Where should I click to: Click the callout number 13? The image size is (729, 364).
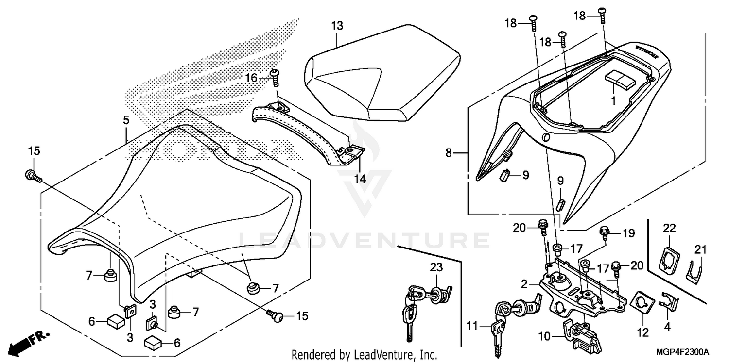click(337, 26)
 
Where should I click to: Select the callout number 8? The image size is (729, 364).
click(448, 153)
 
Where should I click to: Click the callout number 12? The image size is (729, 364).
click(643, 333)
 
